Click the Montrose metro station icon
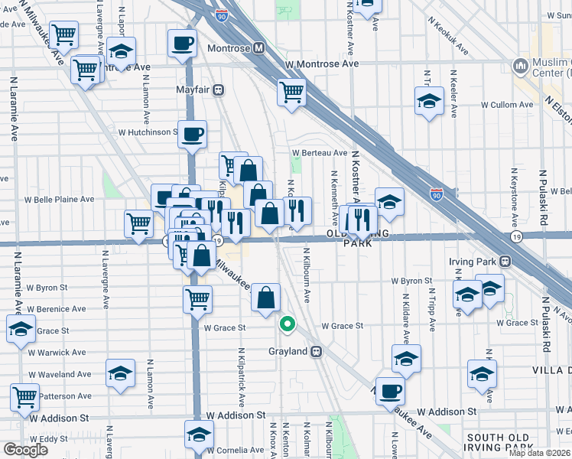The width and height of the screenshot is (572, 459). [x=258, y=48]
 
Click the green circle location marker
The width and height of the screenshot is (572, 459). [x=288, y=324]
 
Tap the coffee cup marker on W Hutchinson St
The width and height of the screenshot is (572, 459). [x=193, y=135]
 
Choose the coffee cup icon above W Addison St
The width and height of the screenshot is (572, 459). [x=390, y=391]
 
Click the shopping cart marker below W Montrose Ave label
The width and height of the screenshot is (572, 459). [x=291, y=92]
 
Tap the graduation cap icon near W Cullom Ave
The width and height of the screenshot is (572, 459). [x=429, y=100]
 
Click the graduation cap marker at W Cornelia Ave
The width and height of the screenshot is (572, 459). [x=199, y=435]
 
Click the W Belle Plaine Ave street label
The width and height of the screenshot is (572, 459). [x=59, y=199]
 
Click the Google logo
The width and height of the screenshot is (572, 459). [x=25, y=450]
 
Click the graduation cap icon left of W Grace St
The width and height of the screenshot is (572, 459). [x=20, y=330]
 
